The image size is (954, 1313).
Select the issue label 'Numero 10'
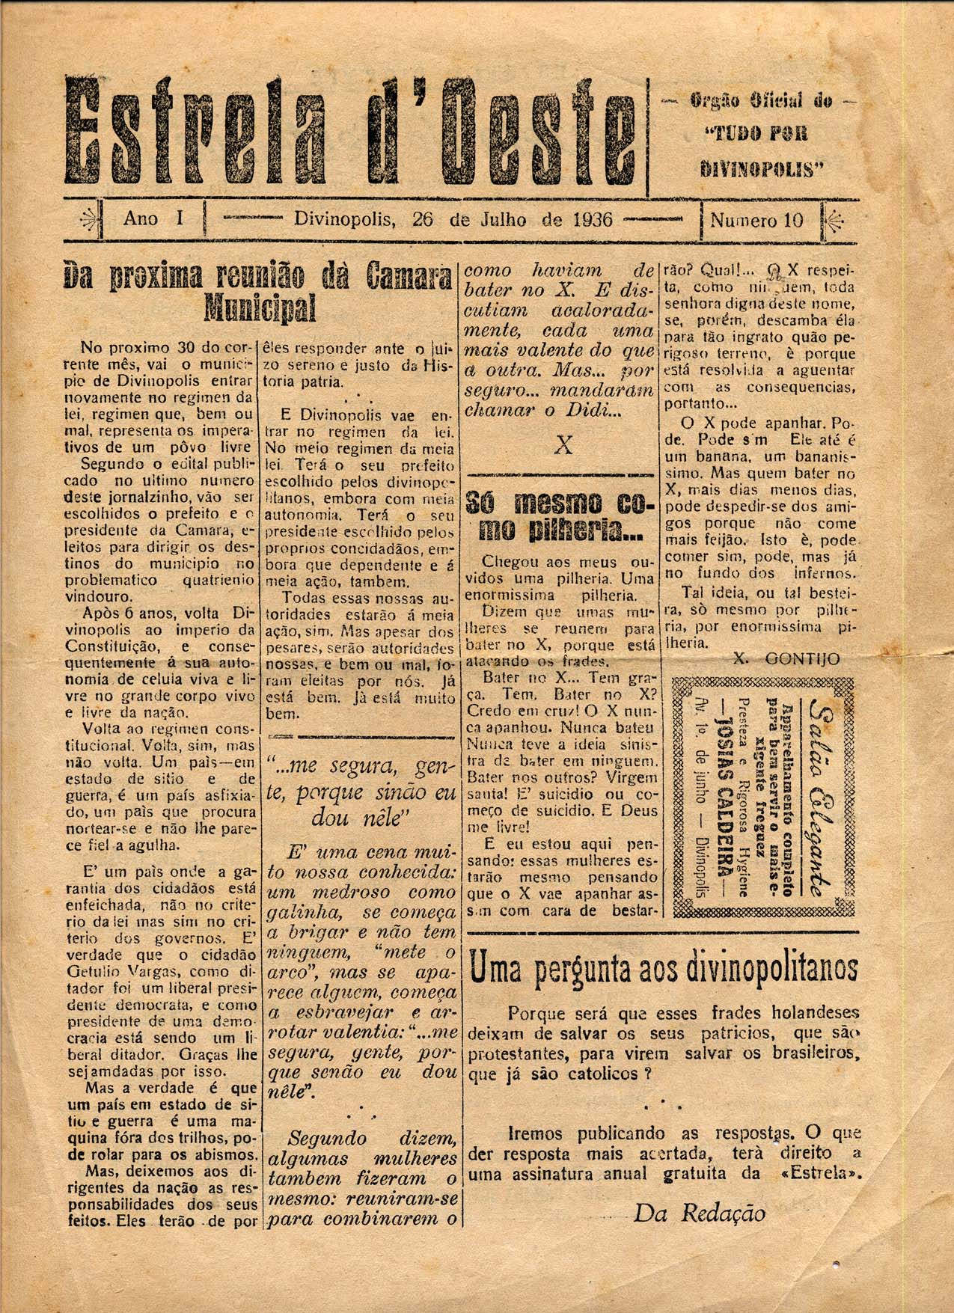756,221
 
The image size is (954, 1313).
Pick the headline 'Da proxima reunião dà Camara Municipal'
260,291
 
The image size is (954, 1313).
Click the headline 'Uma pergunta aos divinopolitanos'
663,969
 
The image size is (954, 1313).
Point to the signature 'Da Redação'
699,1213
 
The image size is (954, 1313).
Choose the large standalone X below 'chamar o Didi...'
563,446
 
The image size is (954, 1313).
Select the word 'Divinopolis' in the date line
343,220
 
